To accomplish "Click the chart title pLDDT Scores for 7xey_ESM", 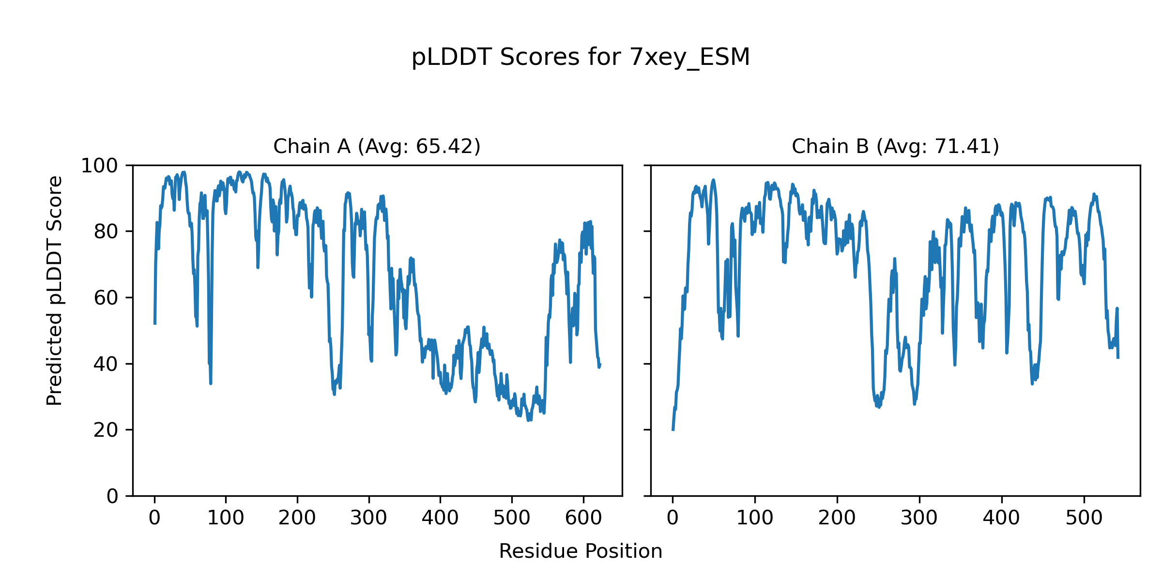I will (581, 58).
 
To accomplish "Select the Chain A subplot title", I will (377, 146).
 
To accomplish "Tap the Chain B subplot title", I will (895, 146).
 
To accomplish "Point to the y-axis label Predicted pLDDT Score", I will (55, 290).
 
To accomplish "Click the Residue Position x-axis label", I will (581, 551).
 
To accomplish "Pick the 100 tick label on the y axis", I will (99, 166).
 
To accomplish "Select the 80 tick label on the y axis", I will (106, 232).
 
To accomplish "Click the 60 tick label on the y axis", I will (106, 298).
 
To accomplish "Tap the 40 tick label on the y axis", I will (106, 364).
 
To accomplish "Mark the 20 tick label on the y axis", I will (106, 430).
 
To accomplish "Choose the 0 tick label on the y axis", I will (112, 496).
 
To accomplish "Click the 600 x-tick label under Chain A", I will (583, 518).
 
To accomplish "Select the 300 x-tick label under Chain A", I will (369, 518).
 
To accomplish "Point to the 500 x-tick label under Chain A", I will (512, 518).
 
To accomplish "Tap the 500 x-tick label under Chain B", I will (1084, 518).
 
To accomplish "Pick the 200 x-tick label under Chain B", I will (837, 518).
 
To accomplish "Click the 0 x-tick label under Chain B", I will (673, 518).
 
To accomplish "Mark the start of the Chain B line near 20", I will (673, 429).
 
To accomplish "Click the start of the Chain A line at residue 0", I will (155, 323).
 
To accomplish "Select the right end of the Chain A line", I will (600, 365).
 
